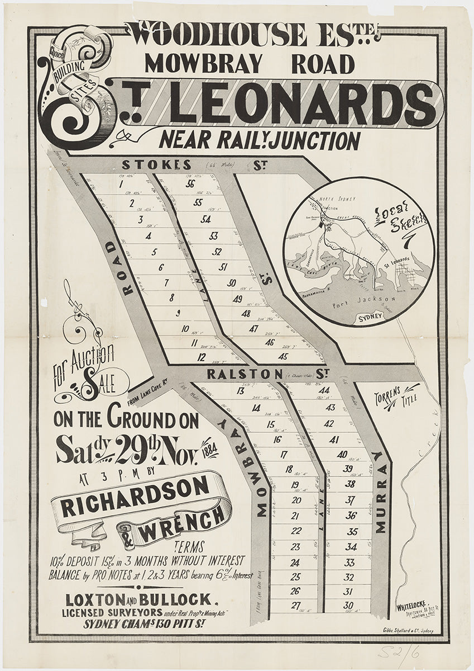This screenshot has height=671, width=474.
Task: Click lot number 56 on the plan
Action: (x=190, y=185)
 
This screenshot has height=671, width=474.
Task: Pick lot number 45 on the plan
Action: (x=283, y=356)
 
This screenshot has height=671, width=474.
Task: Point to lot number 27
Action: (x=296, y=604)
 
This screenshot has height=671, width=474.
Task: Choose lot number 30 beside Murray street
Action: (x=349, y=605)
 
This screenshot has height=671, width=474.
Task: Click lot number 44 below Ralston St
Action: (x=325, y=390)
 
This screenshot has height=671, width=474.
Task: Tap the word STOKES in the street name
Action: (x=156, y=165)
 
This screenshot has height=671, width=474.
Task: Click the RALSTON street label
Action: (x=245, y=373)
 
